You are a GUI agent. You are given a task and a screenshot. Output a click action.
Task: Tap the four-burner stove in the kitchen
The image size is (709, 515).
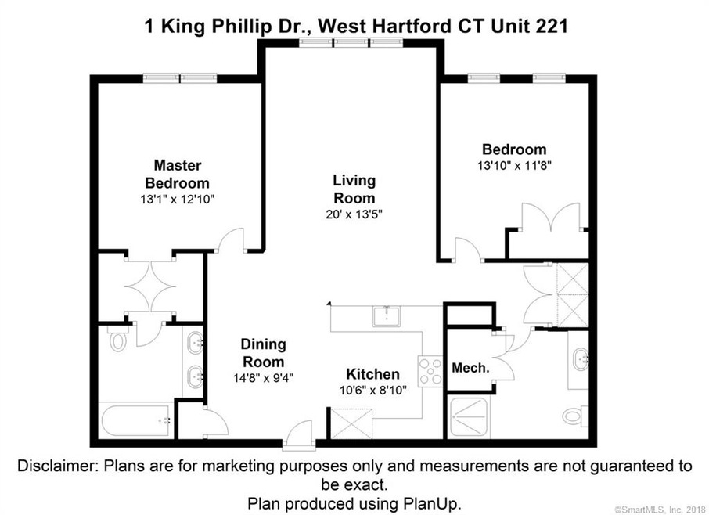click(x=430, y=370)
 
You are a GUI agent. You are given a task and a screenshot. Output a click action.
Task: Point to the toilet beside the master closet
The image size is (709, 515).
click(x=118, y=340)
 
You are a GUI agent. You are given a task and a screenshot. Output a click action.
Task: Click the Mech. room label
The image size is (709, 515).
click(x=471, y=368)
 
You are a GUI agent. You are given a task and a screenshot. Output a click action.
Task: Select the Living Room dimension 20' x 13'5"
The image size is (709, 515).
click(x=354, y=214)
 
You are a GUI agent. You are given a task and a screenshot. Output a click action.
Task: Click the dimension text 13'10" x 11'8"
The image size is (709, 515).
click(x=513, y=166)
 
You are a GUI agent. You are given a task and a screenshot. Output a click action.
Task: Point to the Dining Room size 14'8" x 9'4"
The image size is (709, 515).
click(x=263, y=377)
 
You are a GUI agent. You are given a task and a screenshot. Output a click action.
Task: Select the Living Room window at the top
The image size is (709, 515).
click(x=348, y=43)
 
